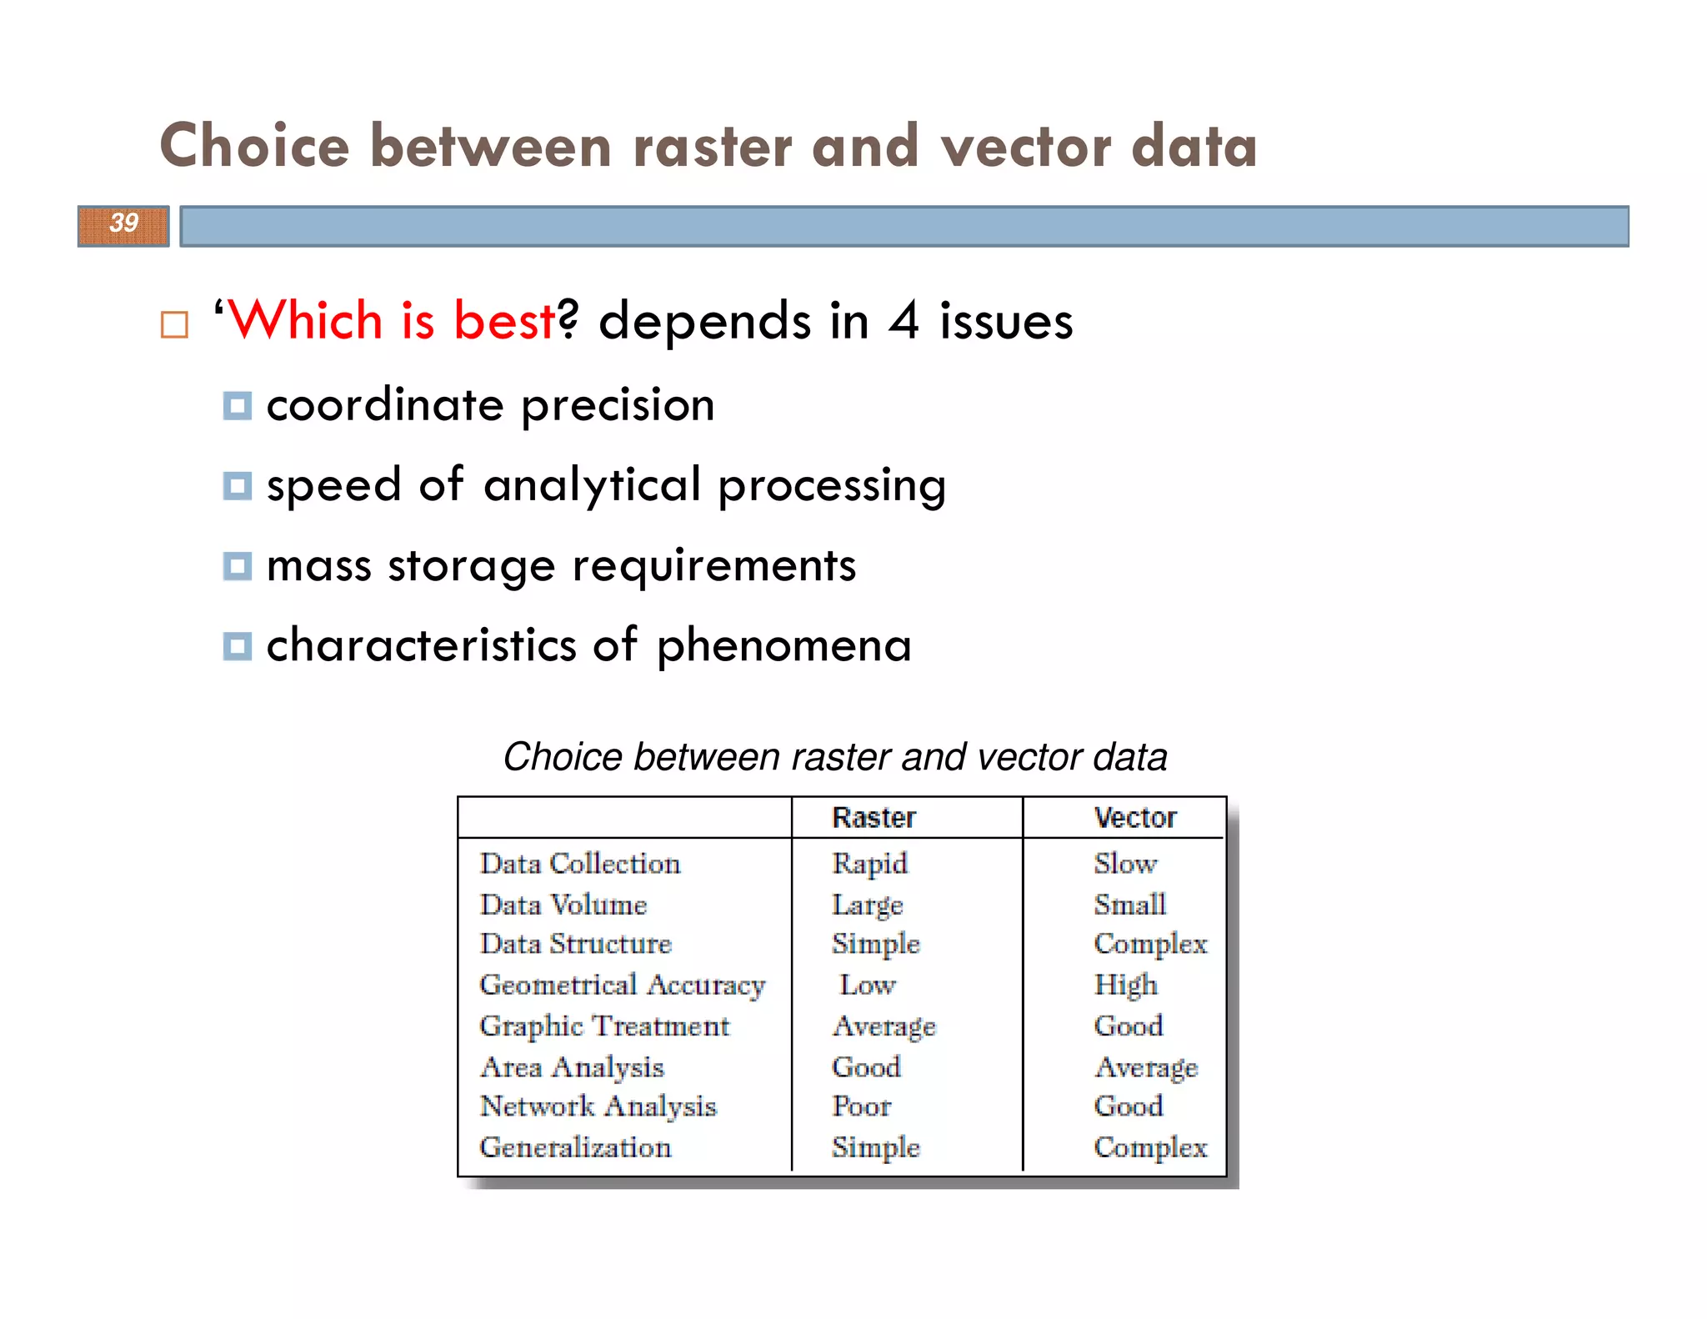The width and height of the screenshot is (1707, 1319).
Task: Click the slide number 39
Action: point(124,223)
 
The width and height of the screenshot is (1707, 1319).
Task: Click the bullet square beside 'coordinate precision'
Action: point(238,407)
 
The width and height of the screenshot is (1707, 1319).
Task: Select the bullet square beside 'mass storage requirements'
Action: point(238,567)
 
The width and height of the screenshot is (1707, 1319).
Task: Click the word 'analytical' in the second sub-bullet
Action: point(592,485)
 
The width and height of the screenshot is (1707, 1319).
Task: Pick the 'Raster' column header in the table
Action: point(874,818)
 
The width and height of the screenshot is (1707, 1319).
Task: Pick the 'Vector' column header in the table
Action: point(1134,818)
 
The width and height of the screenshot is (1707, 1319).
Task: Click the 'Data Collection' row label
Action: point(580,864)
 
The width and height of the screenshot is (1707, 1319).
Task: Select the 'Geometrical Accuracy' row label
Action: point(622,985)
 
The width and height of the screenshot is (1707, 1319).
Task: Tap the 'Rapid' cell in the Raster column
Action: point(869,864)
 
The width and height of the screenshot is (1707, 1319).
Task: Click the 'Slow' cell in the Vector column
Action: point(1125,864)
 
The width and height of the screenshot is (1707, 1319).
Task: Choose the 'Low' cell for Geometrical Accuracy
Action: point(867,985)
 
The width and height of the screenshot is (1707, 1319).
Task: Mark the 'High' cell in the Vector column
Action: point(1125,985)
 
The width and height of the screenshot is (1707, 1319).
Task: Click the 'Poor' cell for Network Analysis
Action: point(861,1106)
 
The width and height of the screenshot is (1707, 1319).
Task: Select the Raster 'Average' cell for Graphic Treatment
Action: point(884,1026)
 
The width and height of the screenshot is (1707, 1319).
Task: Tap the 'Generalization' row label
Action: point(575,1147)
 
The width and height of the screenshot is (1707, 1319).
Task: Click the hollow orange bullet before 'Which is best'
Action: point(174,324)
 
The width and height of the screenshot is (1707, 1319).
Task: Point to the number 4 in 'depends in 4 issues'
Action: point(904,321)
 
